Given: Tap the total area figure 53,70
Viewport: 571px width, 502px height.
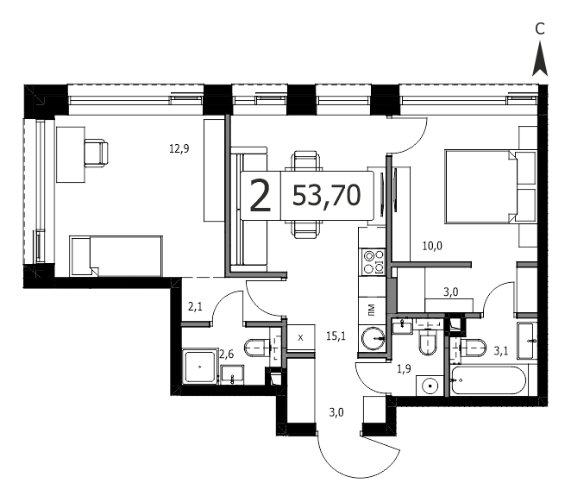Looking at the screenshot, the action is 327,196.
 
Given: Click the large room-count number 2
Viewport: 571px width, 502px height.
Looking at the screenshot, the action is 260,196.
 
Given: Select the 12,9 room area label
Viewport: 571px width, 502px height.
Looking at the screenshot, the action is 179,148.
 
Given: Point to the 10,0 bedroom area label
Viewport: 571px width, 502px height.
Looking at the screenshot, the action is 432,246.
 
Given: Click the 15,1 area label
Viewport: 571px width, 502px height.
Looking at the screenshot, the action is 336,336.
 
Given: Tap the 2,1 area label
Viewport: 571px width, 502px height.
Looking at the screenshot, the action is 195,307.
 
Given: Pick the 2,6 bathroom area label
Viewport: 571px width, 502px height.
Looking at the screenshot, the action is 226,354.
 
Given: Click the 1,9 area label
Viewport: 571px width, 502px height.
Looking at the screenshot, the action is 404,369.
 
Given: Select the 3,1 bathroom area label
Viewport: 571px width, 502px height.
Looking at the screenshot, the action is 501,351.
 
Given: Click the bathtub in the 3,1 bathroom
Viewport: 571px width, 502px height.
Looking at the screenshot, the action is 489,380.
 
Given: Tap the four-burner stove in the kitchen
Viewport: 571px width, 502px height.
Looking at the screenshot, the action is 372,262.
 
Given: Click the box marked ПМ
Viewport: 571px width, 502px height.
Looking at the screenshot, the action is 372,311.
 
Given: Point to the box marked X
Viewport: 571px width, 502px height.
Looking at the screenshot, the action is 300,337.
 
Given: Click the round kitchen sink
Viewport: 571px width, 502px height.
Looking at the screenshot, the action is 373,338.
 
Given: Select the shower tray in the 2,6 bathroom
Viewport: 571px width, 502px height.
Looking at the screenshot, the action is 199,367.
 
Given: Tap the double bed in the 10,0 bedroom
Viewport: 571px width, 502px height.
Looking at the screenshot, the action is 490,186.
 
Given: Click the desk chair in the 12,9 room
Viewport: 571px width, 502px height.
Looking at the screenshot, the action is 96,154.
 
